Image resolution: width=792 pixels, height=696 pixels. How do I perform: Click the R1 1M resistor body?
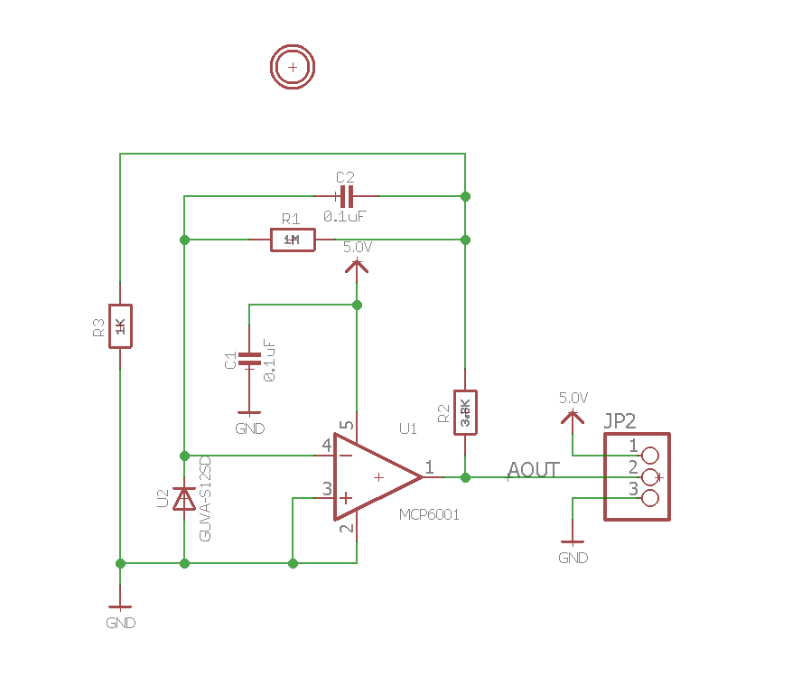pos(293,240)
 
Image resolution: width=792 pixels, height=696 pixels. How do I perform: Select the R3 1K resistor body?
pos(120,326)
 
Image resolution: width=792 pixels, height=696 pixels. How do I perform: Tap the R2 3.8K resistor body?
pos(465,412)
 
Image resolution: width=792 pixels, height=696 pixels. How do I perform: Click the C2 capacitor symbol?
pos(346,195)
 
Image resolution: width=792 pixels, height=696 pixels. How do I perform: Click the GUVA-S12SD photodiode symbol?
pos(184,499)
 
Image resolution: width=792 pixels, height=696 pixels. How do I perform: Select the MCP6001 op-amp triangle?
pos(376,476)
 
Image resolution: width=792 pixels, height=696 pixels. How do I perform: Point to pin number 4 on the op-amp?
pos(326,445)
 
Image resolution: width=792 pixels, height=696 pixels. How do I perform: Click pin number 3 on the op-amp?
pos(327,489)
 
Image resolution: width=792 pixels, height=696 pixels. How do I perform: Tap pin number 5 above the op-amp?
pos(346,425)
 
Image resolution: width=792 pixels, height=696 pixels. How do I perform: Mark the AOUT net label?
pos(533,469)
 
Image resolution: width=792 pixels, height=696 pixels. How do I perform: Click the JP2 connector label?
pos(620,420)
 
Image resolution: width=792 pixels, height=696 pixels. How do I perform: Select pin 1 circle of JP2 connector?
pos(649,455)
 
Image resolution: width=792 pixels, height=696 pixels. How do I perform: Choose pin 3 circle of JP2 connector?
pos(649,497)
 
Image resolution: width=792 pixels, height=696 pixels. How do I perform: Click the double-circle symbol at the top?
pos(292,66)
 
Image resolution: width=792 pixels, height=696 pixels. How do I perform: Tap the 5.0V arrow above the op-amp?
pos(357,265)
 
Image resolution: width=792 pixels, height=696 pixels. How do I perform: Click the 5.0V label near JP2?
pos(573,398)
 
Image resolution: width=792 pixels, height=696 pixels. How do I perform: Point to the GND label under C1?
pos(249,428)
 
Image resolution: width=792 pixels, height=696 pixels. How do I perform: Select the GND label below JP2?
pos(573,558)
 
